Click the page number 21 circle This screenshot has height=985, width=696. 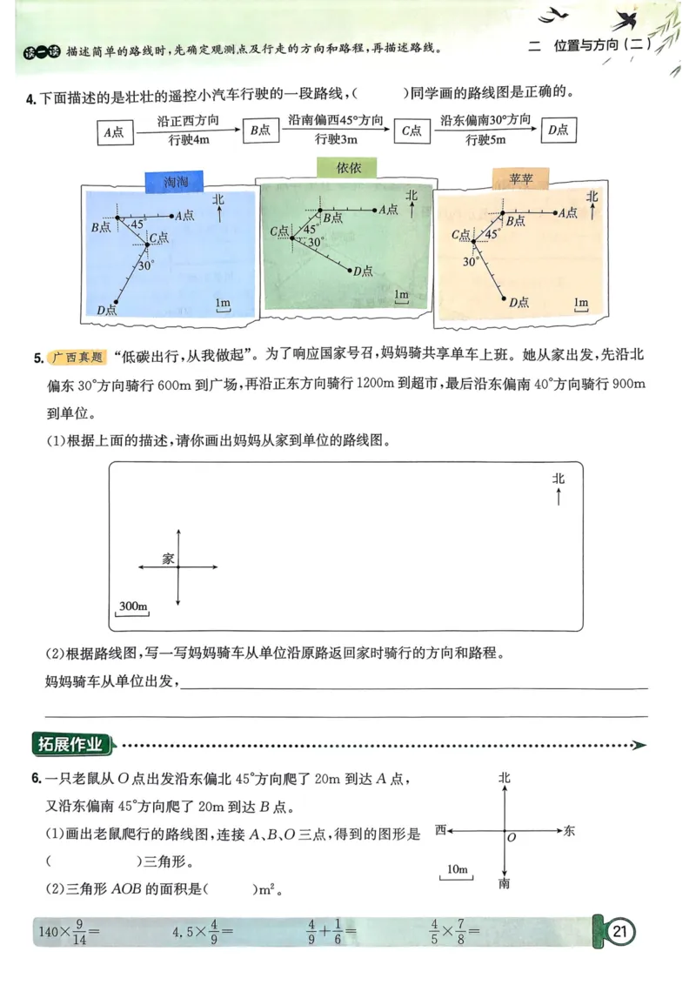pos(619,933)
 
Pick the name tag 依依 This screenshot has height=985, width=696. pos(349,168)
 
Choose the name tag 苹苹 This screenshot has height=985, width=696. pos(521,179)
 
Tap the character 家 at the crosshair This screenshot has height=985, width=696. pos(168,560)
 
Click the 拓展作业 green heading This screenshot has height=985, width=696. pos(71,745)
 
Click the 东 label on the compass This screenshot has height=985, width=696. pos(569,831)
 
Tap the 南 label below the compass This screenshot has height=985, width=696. pos(505,884)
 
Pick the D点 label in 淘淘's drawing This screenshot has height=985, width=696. pos(107,310)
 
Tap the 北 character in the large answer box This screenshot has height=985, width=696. pos(558,479)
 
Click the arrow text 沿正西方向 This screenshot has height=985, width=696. pos(187,121)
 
